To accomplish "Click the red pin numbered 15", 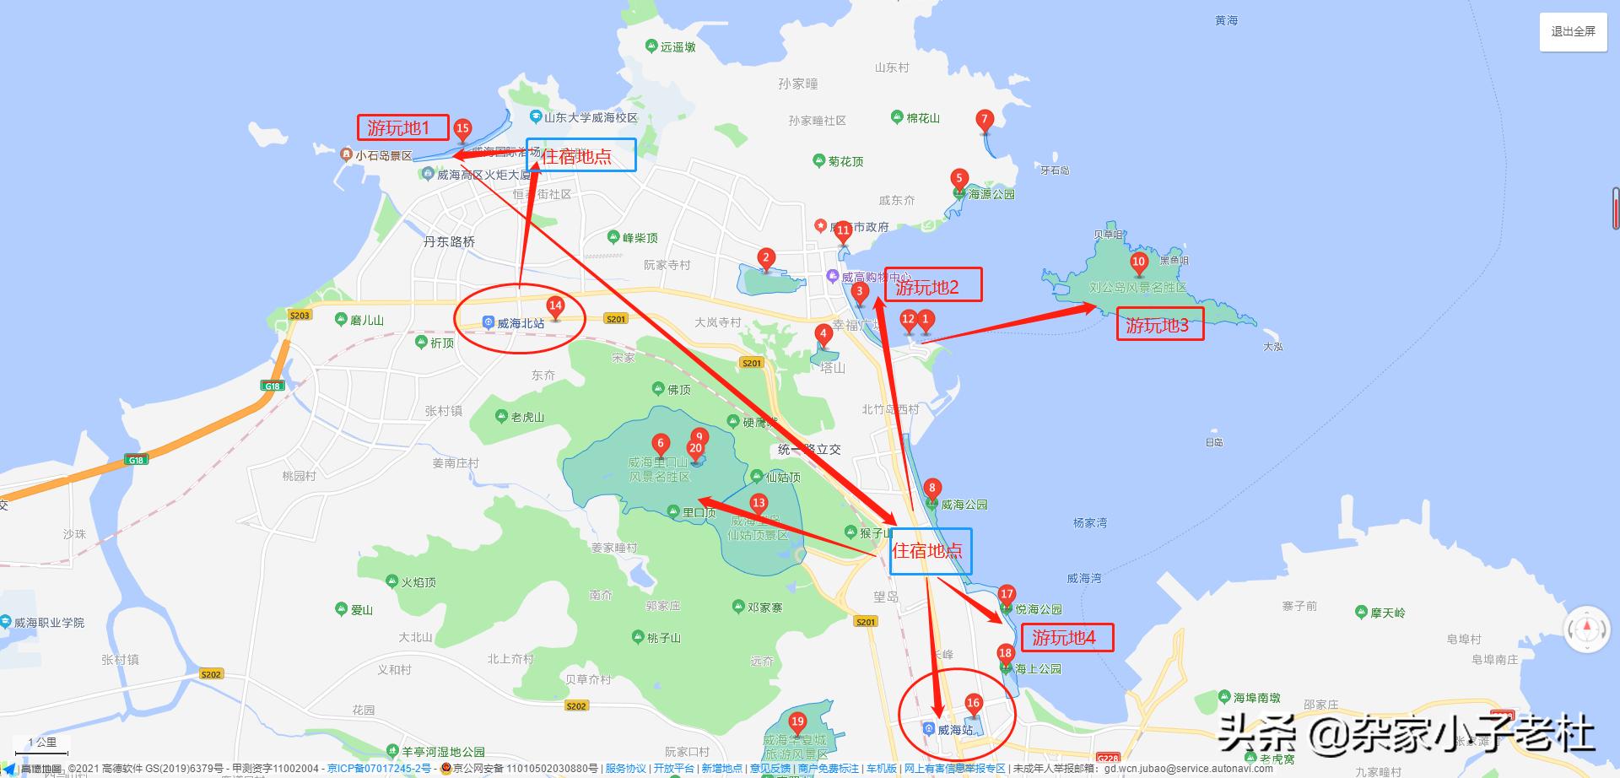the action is (462, 130).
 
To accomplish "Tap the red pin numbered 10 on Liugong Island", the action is (1138, 262).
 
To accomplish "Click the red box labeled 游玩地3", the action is (1159, 326).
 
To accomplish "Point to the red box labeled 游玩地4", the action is (1066, 638).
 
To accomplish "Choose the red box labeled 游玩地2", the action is (931, 286).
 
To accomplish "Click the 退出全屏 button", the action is (1573, 31).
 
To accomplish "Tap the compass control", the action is (1587, 629).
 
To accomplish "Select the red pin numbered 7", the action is (984, 121).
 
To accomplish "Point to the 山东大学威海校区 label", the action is (590, 117).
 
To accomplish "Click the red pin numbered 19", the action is (797, 722).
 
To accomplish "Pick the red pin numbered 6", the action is (661, 444).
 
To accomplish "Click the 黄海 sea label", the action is (1226, 20).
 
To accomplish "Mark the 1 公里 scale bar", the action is (42, 744).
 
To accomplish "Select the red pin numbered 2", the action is (766, 258).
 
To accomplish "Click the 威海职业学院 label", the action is (48, 623).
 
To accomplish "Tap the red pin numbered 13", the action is (759, 505).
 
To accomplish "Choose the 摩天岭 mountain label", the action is (1387, 613).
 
